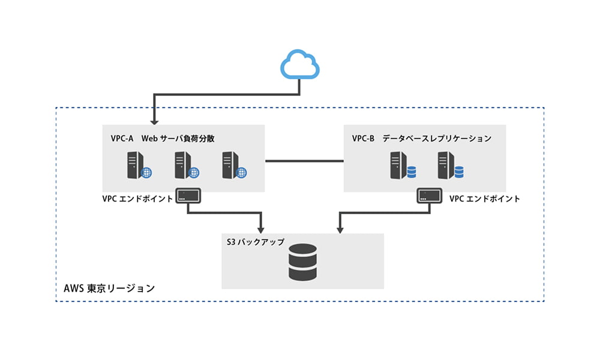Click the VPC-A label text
[x=122, y=139]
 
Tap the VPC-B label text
[x=363, y=139]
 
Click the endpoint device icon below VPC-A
[x=188, y=196]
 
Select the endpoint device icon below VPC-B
[x=430, y=196]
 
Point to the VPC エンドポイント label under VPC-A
[x=137, y=199]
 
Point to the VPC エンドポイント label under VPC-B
[x=484, y=199]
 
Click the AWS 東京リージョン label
[x=109, y=289]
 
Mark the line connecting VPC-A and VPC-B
[x=304, y=161]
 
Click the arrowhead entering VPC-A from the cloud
[x=154, y=121]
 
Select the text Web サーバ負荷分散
[x=178, y=139]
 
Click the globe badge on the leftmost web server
[x=146, y=173]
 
